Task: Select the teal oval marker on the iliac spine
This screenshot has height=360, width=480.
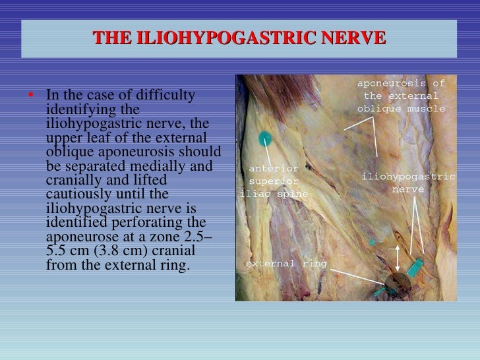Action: pyautogui.click(x=266, y=138)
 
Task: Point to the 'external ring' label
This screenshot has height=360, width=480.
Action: pyautogui.click(x=285, y=264)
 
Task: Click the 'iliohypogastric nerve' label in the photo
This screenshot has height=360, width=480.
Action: pyautogui.click(x=408, y=183)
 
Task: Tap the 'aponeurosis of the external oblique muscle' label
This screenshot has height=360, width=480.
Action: pyautogui.click(x=401, y=96)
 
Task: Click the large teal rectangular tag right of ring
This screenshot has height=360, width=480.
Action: pyautogui.click(x=415, y=268)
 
